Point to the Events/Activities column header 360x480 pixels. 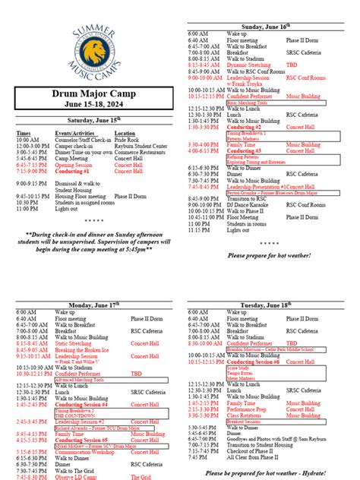(73, 134)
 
